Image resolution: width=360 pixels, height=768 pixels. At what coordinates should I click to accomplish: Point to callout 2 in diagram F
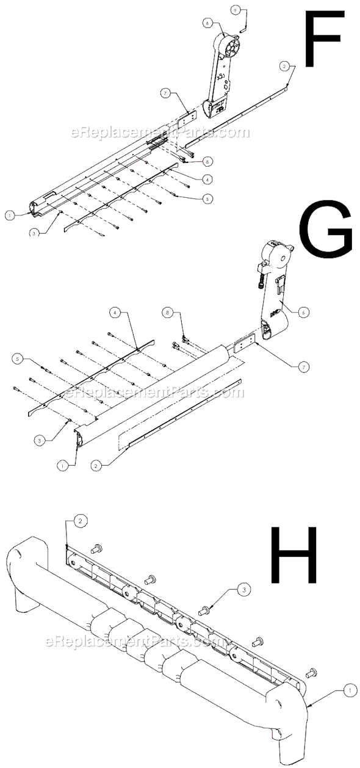(x=284, y=65)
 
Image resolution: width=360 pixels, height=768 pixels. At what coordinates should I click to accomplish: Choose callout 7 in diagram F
(x=165, y=93)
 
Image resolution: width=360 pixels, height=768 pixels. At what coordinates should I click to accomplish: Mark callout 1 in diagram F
(x=10, y=215)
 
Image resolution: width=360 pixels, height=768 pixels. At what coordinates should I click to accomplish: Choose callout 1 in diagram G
(x=62, y=464)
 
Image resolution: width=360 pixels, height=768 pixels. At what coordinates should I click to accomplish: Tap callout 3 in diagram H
(x=243, y=590)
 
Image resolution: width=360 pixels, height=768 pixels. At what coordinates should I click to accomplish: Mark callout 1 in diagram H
(x=349, y=690)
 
